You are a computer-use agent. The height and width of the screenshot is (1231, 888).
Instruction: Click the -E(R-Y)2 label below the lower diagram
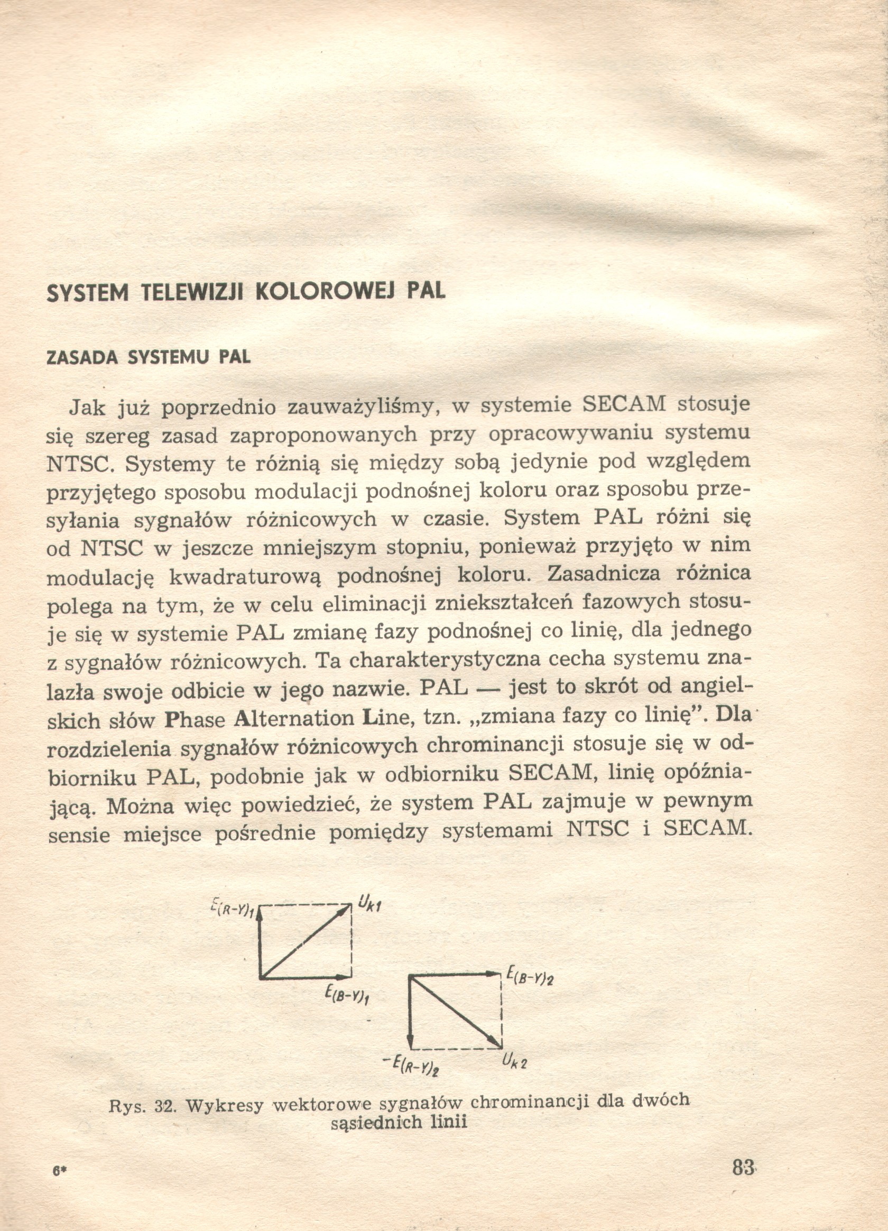tap(417, 1066)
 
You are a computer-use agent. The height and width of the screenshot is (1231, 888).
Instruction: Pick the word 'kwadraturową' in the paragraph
tap(245, 577)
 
